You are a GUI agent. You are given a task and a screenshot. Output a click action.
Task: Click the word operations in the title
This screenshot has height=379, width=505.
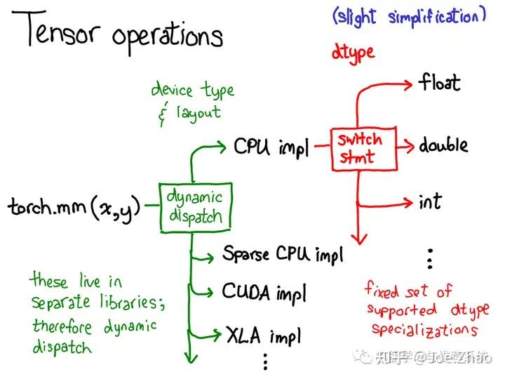tap(169, 35)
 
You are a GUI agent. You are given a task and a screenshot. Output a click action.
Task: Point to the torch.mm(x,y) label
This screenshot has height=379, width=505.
tap(74, 208)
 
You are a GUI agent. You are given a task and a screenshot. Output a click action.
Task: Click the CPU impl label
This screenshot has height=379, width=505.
tap(271, 148)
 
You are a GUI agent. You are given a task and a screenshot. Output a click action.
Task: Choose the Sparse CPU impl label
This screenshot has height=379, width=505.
tap(283, 253)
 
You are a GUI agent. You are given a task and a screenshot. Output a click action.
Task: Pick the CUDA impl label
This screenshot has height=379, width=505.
tap(264, 291)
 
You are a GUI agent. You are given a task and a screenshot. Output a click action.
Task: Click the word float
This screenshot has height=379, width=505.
tap(440, 83)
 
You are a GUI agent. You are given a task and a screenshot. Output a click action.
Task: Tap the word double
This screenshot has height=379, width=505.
tap(443, 146)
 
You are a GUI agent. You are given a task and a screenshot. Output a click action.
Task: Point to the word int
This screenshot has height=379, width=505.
tap(430, 202)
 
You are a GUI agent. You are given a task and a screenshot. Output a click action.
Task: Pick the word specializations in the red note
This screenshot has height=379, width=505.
tap(424, 329)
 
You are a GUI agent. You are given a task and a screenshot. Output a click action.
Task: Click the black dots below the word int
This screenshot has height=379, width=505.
tap(430, 259)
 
